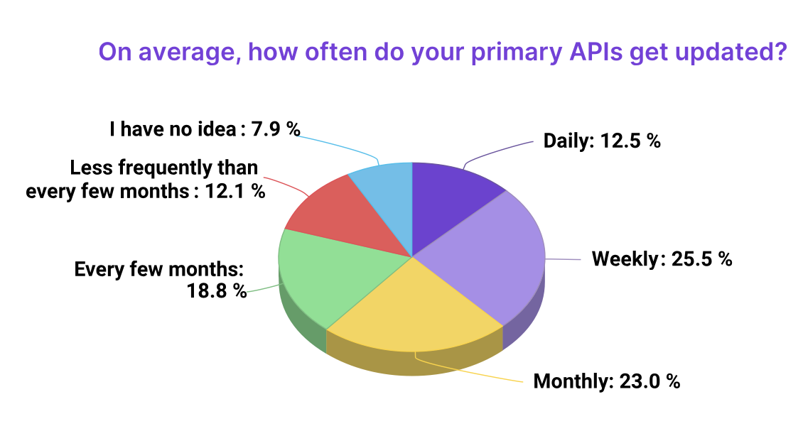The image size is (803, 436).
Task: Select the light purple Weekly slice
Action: (490, 259)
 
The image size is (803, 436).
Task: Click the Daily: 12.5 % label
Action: (602, 140)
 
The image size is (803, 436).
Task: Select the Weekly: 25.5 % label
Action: (662, 258)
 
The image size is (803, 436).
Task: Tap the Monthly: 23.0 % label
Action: (607, 381)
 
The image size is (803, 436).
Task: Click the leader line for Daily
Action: (497, 151)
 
